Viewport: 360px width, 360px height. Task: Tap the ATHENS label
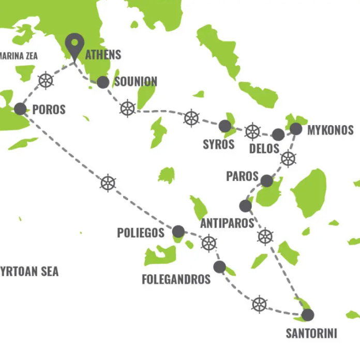pyautogui.click(x=103, y=54)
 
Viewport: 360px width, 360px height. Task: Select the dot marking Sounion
pyautogui.click(x=103, y=82)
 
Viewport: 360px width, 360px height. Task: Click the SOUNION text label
pyautogui.click(x=136, y=82)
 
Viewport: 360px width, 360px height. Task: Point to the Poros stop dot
pyautogui.click(x=20, y=109)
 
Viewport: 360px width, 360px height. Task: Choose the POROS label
pyautogui.click(x=49, y=110)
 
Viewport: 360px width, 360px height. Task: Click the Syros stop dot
pyautogui.click(x=224, y=126)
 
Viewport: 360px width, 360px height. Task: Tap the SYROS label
pyautogui.click(x=218, y=144)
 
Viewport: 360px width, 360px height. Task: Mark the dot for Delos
pyautogui.click(x=278, y=134)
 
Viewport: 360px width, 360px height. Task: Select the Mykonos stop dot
pyautogui.click(x=296, y=129)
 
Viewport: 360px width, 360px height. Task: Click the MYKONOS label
pyautogui.click(x=330, y=130)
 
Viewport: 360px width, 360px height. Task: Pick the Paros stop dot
pyautogui.click(x=266, y=181)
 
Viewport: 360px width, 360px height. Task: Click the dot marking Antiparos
pyautogui.click(x=246, y=206)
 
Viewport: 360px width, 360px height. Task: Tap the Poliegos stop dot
pyautogui.click(x=178, y=231)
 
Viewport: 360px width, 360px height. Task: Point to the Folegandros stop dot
pyautogui.click(x=219, y=267)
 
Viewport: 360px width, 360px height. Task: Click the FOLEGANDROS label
pyautogui.click(x=176, y=280)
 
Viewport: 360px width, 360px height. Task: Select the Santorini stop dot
pyautogui.click(x=308, y=314)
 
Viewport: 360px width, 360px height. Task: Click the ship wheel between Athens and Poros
pyautogui.click(x=46, y=81)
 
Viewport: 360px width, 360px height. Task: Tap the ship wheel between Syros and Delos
pyautogui.click(x=252, y=131)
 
